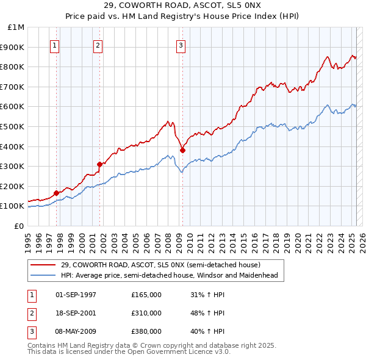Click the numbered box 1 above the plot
coord(55,44)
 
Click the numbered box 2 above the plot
coord(98,44)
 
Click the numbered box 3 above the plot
coord(181,44)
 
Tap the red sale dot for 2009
coord(182,150)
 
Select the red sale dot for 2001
coord(99,164)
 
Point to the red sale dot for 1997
coord(56,193)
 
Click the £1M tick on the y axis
coord(16,27)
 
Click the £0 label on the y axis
coord(19,226)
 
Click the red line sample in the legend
coord(43,265)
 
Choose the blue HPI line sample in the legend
coord(43,275)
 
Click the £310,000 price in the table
coord(146,313)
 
